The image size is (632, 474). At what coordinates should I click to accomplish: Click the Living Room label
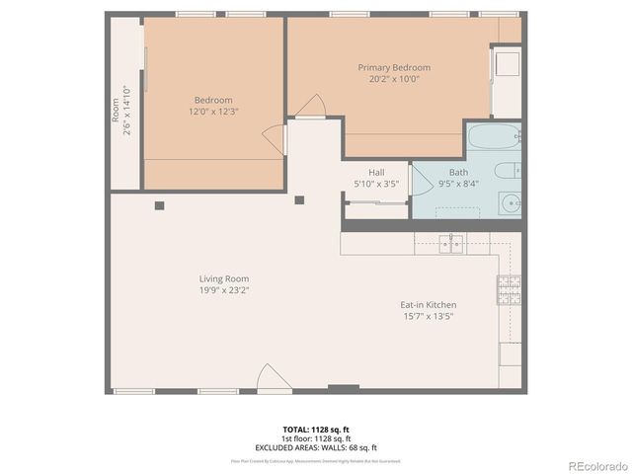coord(223,279)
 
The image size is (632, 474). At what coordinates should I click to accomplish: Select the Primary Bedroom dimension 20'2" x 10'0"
coord(393,79)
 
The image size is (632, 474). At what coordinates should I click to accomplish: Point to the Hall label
coord(376,172)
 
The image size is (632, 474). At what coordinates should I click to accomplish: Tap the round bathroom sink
coord(511,204)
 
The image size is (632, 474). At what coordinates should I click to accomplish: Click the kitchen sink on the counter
coord(450,243)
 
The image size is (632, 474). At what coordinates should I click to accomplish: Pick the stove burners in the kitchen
coord(509,289)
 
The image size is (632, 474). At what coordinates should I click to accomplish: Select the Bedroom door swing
coord(274,139)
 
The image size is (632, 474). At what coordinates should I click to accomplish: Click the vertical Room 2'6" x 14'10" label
coord(121,108)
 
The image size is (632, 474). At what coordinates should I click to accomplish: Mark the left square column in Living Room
coord(158,205)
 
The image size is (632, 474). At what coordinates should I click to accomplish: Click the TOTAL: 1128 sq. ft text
coord(316,430)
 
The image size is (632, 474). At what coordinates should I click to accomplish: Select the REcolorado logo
coord(595,465)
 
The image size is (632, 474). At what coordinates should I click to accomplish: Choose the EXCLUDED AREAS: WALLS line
coord(316,445)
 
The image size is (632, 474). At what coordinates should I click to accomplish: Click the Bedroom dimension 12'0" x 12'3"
coord(213,111)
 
